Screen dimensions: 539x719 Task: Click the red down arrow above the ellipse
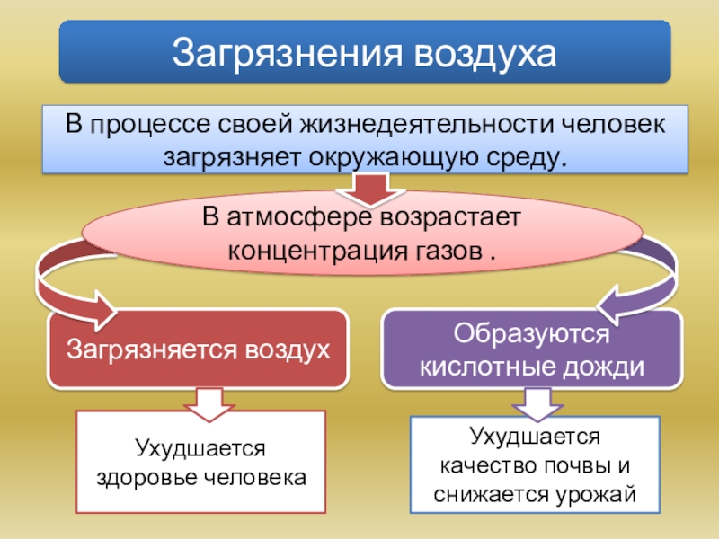coord(368,190)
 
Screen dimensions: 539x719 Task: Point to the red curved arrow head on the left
coord(94,310)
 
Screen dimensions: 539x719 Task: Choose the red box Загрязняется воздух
coord(197,349)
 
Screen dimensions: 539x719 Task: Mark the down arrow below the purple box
coord(537,404)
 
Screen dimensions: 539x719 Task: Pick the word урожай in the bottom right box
coord(598,493)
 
